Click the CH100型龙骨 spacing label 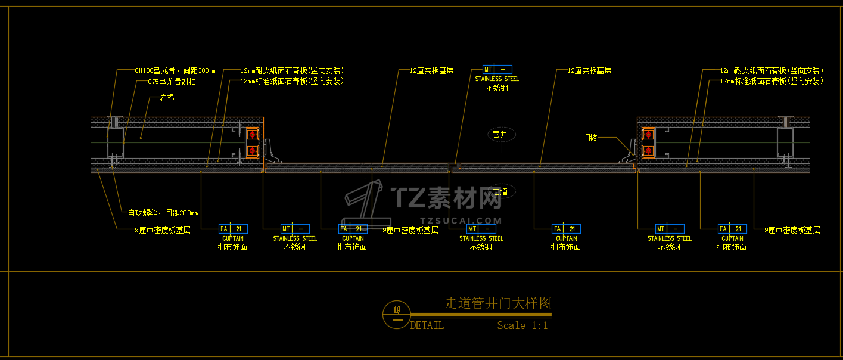[175, 70]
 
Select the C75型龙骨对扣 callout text [172, 82]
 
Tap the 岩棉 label [167, 97]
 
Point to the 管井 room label [499, 134]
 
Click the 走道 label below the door [500, 191]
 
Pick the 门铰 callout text [590, 138]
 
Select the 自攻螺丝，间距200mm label [163, 213]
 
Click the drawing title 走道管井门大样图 [498, 303]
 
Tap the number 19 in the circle [397, 309]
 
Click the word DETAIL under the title [427, 325]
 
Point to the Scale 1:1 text [522, 325]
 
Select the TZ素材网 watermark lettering [447, 197]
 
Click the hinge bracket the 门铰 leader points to [628, 153]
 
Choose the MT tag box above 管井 [497, 69]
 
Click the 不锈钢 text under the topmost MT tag [497, 88]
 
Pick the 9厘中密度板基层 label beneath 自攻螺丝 [163, 229]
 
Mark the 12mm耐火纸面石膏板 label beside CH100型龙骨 [292, 70]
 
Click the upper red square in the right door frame [648, 135]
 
